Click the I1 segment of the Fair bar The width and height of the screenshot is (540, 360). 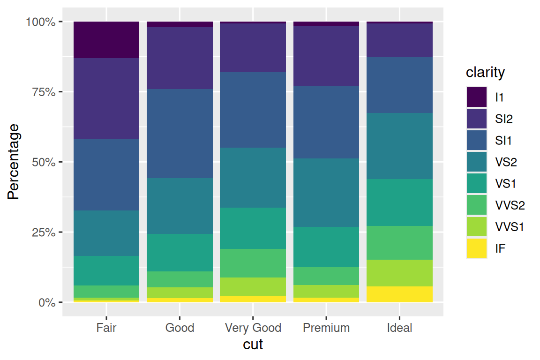tap(106, 40)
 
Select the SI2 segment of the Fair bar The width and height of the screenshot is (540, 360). tap(106, 98)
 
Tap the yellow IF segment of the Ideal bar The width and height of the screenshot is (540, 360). tap(399, 294)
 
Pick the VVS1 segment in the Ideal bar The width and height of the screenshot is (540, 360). tap(399, 273)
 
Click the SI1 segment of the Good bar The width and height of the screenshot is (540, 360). tap(180, 134)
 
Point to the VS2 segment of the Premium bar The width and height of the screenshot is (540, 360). tap(326, 193)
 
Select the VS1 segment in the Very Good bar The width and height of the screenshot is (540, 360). tap(253, 228)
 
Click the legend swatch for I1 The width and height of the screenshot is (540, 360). tap(476, 97)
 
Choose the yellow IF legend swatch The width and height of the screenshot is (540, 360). tap(476, 248)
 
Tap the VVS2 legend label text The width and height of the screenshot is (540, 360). tap(510, 205)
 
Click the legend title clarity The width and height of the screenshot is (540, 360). tap(485, 73)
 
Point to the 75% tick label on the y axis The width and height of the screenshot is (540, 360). tap(45, 92)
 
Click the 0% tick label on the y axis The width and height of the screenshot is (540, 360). tap(47, 302)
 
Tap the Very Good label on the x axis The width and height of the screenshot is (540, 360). tap(253, 328)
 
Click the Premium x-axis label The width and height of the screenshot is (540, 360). tap(326, 328)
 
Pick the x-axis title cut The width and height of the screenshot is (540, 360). tap(253, 345)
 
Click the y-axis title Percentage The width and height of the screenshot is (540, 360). tap(14, 162)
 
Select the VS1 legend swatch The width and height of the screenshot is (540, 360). tap(476, 184)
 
